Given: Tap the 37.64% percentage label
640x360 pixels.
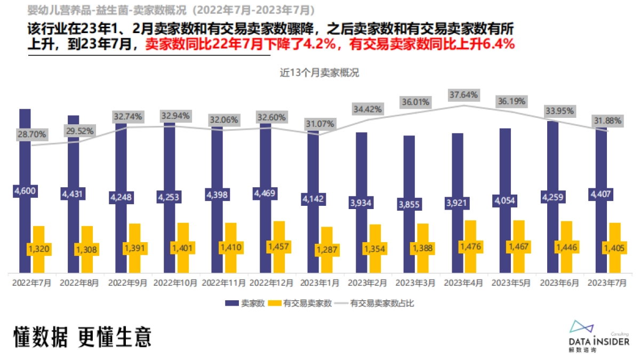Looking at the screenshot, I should click(x=463, y=95).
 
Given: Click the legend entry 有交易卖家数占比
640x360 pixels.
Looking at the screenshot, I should click(x=382, y=303).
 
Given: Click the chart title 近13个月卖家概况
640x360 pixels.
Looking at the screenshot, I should click(x=319, y=73).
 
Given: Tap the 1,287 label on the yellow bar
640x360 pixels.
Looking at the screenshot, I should click(x=326, y=249).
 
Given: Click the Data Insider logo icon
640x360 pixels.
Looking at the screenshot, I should click(x=582, y=327).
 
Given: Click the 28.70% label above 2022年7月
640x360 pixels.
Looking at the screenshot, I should click(x=31, y=134).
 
